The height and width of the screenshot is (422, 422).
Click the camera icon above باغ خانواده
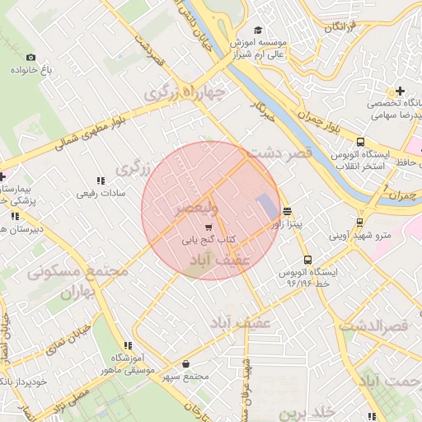coord(31,57)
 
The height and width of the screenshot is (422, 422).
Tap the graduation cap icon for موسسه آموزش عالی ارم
coord(259,30)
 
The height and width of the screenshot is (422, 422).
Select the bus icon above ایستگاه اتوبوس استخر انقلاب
coord(360,141)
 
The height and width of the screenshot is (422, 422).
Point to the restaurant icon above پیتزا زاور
coord(287,211)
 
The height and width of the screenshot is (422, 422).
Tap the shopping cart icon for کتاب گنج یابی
coord(209,227)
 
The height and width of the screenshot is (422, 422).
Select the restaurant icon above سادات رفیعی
coord(101,181)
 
